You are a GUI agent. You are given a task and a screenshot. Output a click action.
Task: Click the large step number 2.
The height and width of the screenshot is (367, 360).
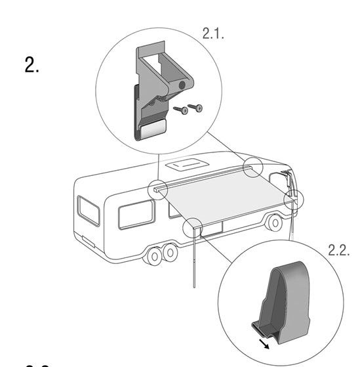[x=31, y=65]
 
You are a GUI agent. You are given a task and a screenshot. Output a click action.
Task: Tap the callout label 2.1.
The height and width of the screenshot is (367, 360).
[x=213, y=33]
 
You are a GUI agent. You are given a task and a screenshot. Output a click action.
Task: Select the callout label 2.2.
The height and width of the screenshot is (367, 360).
[x=339, y=250]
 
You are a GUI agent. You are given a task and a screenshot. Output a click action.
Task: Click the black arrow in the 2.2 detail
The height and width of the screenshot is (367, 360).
[x=264, y=344]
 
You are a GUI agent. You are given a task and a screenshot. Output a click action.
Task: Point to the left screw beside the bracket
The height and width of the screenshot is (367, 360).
[x=180, y=110]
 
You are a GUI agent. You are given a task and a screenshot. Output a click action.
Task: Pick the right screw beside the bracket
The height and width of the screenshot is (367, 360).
[x=195, y=108]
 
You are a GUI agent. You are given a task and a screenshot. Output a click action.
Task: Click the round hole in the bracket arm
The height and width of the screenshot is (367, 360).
[x=182, y=85]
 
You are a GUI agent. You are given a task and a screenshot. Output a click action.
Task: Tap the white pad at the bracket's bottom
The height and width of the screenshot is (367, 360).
[x=152, y=129]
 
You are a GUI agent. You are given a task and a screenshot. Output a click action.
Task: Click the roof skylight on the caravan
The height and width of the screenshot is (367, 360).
[x=188, y=164]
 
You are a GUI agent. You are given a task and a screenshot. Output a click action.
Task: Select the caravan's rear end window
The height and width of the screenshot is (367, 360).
[x=89, y=211]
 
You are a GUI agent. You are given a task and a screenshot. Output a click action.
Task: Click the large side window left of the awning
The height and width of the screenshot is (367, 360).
[x=136, y=214]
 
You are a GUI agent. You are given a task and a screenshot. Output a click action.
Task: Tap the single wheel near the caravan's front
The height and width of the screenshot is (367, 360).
[x=275, y=223]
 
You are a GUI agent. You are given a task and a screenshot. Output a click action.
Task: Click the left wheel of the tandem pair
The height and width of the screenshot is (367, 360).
[x=154, y=256]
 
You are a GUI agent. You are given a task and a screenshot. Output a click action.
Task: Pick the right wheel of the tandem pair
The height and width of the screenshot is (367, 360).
[x=170, y=253]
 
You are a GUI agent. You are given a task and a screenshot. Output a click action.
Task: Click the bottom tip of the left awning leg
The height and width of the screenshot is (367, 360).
[x=194, y=287]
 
